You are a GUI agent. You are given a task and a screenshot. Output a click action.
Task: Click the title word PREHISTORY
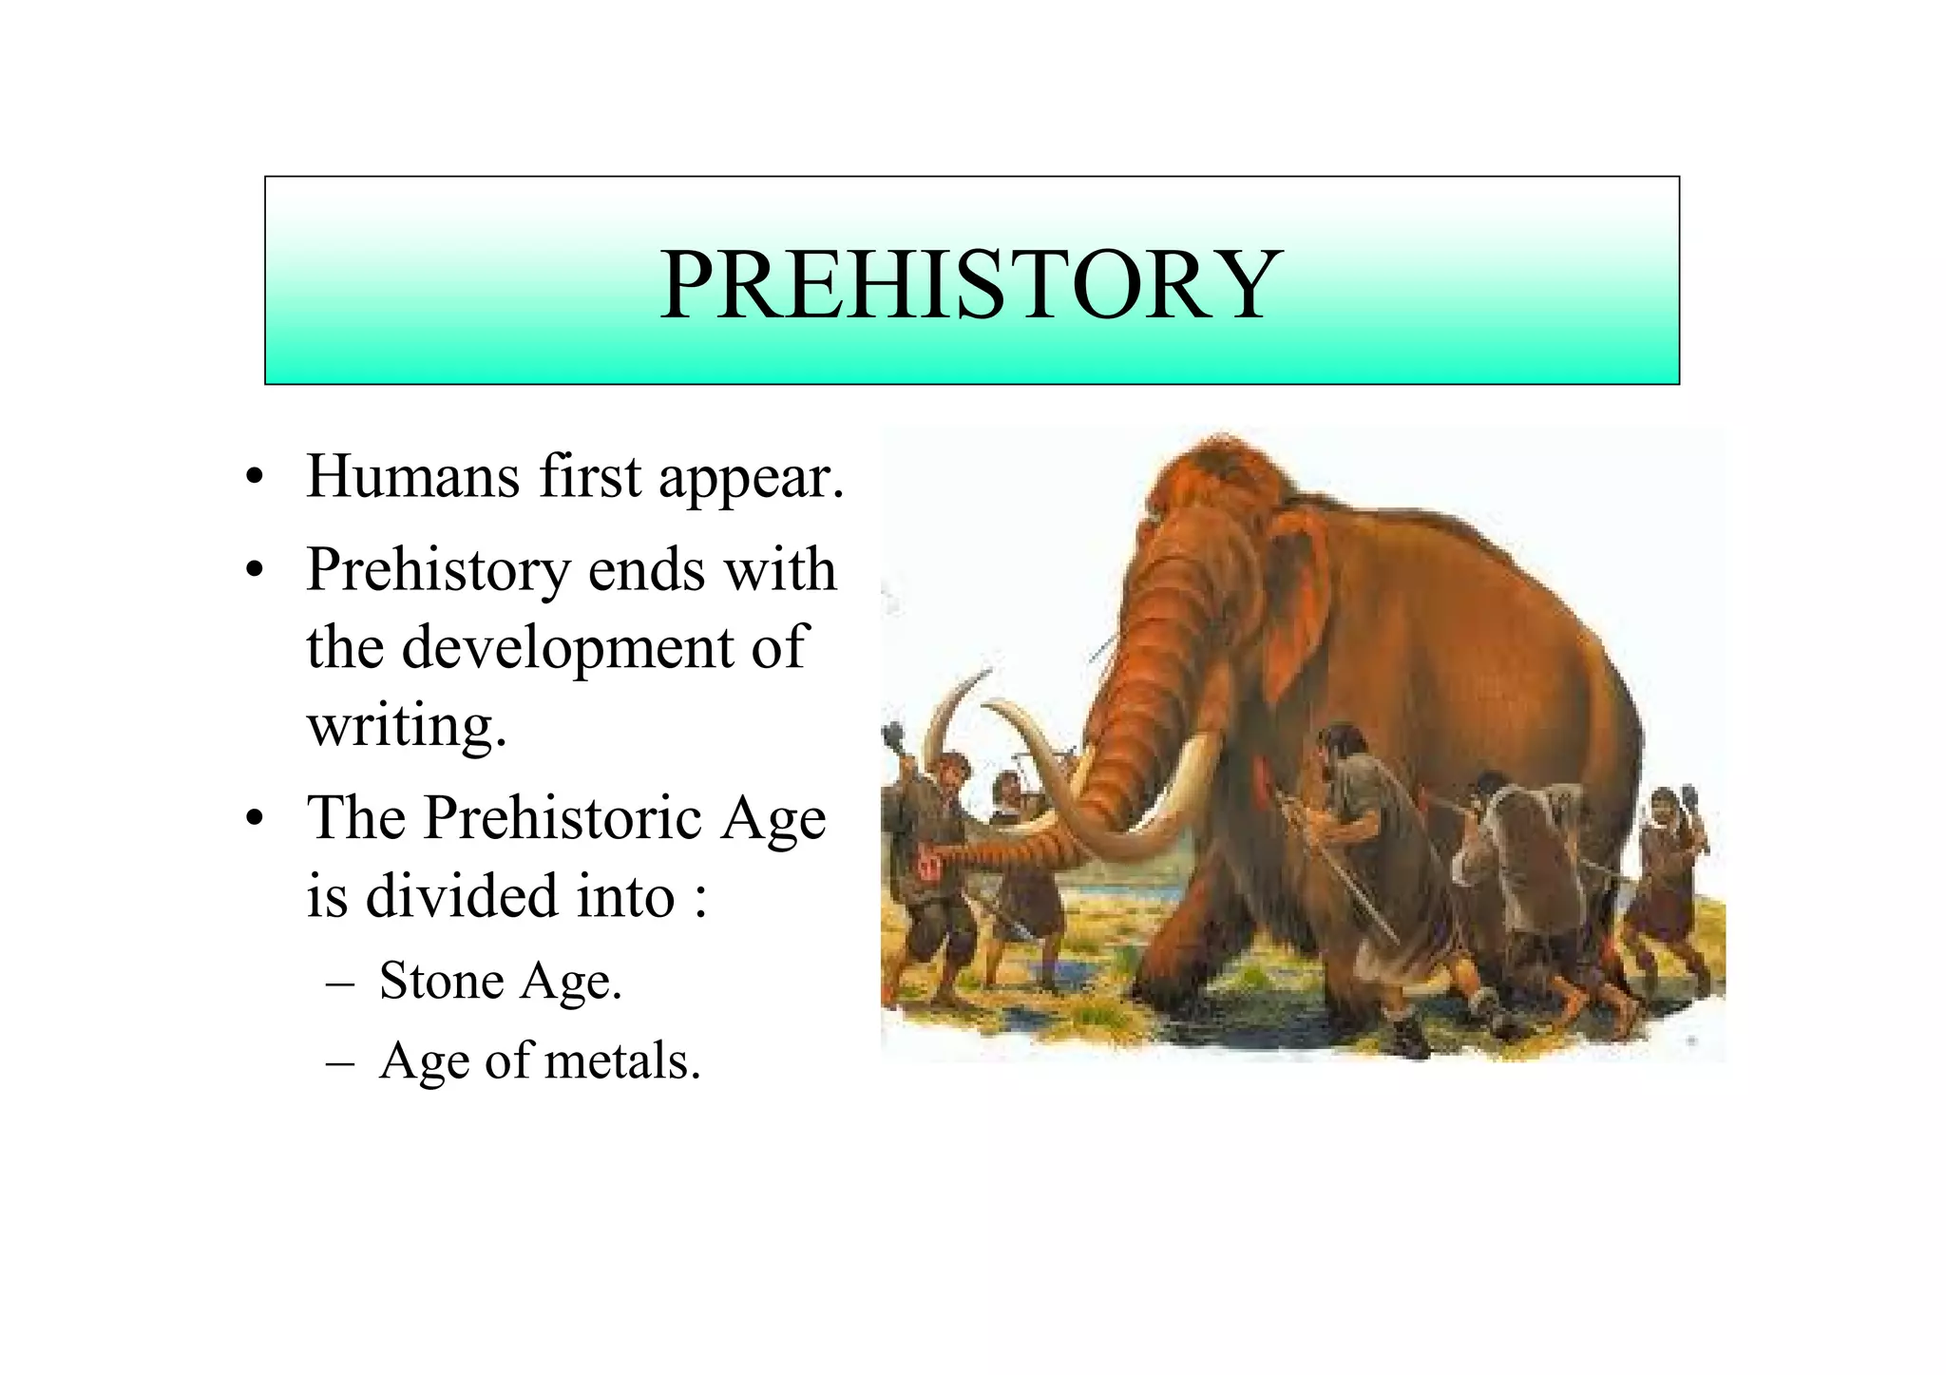(970, 285)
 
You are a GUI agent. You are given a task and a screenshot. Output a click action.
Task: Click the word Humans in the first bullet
(412, 476)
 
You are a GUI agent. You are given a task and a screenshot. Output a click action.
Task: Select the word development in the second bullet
(567, 648)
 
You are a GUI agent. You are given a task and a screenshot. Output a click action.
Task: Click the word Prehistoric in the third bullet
(562, 818)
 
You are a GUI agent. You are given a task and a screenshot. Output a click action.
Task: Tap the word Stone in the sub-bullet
(442, 981)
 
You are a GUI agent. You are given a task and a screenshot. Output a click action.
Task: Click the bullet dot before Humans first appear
(253, 478)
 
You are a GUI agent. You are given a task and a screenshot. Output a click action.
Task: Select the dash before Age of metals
(338, 1062)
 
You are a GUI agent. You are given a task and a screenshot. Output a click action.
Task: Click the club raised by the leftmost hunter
(895, 736)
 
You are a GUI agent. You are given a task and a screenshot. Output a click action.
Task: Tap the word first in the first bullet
(589, 476)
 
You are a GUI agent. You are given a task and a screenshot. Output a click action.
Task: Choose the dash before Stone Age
(338, 983)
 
